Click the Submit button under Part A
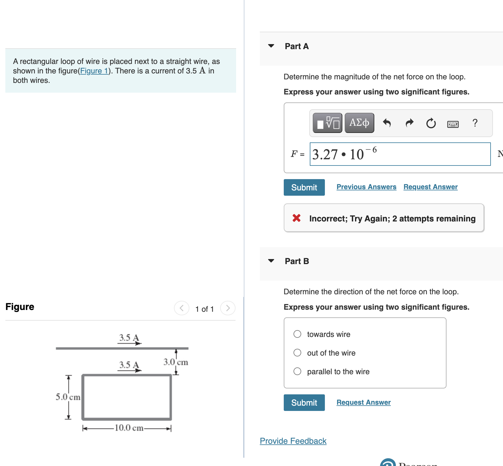pos(304,187)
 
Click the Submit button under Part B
pos(304,403)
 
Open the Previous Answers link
pos(366,187)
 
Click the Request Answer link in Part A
pos(430,187)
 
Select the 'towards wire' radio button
pos(297,334)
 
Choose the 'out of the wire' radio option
pos(297,353)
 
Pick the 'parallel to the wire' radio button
pos(297,371)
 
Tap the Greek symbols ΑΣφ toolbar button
pos(359,123)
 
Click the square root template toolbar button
pos(328,123)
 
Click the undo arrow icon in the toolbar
pos(387,123)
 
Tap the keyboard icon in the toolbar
pos(453,124)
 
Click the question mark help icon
pos(475,123)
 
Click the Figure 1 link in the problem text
pos(94,71)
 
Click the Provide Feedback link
pos(293,441)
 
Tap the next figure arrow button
pos(228,308)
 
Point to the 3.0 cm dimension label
pos(175,362)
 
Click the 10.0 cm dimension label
pos(129,428)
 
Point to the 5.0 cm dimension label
pos(68,397)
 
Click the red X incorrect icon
pos(296,218)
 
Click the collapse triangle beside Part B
pos(271,261)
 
